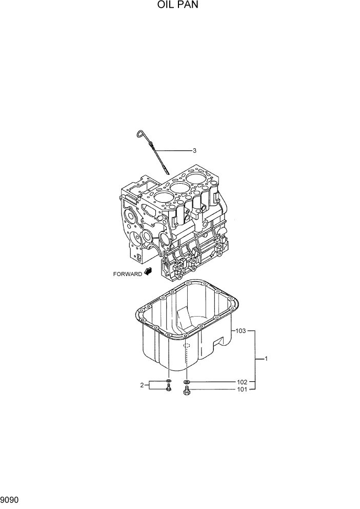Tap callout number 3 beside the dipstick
point(194,151)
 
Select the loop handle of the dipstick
point(138,134)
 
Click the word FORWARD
point(127,274)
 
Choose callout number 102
point(242,382)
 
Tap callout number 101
point(242,389)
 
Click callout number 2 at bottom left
point(142,385)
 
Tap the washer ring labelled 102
point(187,382)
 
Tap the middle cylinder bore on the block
point(179,188)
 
